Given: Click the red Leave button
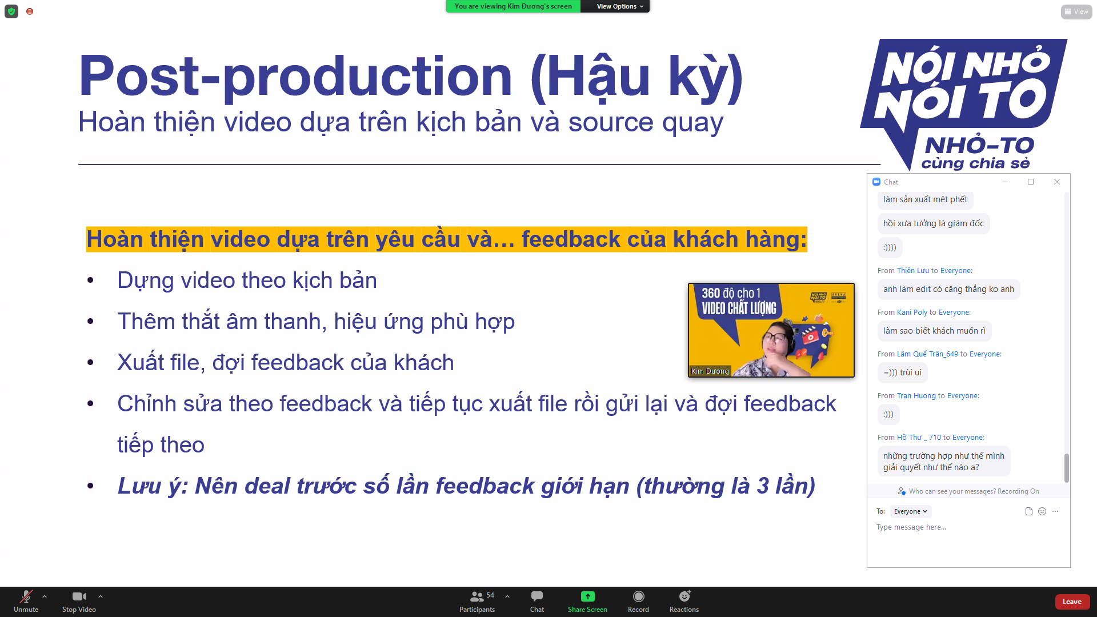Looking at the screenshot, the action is tap(1072, 602).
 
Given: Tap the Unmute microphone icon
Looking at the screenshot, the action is tap(26, 596).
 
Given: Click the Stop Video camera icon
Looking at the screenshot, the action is tap(79, 596).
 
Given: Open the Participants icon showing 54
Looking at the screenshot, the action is tap(477, 596).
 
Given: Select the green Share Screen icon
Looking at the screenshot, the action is tap(587, 596).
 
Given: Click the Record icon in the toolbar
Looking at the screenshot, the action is tap(638, 596).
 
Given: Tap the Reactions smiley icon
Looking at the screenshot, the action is tap(684, 596).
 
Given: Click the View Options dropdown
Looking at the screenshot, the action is tap(619, 6).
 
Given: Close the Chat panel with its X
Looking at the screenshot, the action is tap(1057, 182).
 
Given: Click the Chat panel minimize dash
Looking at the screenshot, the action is tap(1005, 182).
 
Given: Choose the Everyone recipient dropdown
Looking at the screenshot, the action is tap(911, 511).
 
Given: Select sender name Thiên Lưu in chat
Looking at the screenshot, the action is tap(913, 271).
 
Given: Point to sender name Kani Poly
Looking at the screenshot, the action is tap(912, 312).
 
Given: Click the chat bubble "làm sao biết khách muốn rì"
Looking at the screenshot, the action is tap(934, 331).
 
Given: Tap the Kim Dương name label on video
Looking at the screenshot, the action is tap(710, 371).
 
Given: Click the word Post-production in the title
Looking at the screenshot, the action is tap(295, 77).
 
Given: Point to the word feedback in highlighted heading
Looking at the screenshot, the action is tap(571, 239).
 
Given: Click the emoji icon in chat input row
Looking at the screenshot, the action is tap(1042, 511).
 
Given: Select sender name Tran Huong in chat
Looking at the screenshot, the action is tap(916, 396).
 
